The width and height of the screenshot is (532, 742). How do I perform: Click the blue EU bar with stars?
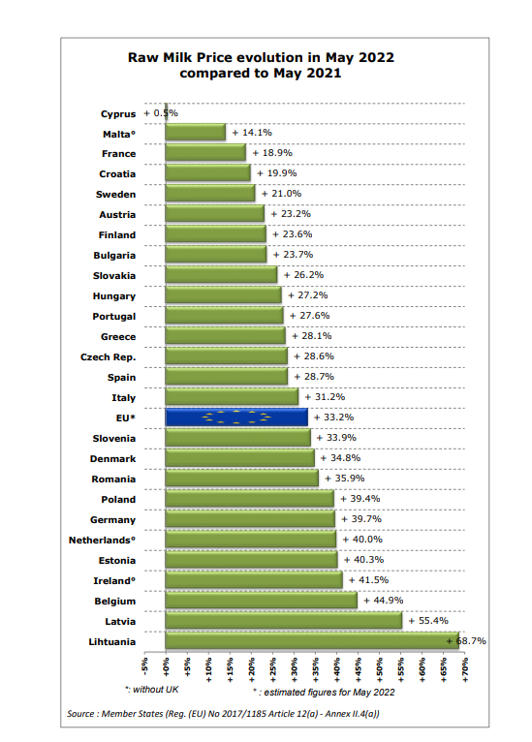[236, 417]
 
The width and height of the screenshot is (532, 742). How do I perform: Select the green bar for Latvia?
[284, 620]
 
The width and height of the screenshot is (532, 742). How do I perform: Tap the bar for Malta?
[196, 132]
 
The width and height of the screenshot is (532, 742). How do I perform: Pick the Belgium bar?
[262, 600]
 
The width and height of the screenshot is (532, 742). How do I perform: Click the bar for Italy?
[232, 396]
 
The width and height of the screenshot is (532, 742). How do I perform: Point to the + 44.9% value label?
[384, 600]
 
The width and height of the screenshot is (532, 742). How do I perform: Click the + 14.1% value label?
[252, 133]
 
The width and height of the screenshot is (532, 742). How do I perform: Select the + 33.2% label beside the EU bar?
[333, 417]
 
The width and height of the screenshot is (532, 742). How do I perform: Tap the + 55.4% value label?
[428, 620]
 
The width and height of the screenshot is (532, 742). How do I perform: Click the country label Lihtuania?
[112, 641]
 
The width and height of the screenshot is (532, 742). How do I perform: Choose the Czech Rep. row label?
[109, 357]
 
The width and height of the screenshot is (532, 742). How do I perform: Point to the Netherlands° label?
[103, 540]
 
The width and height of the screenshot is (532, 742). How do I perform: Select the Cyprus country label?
[118, 114]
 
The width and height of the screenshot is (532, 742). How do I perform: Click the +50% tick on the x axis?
[380, 669]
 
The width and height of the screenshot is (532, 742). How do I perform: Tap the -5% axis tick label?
[144, 665]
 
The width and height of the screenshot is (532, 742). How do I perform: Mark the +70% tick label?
[465, 669]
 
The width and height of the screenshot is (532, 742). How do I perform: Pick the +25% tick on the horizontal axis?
[272, 669]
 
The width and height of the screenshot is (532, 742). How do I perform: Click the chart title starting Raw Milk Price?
[261, 65]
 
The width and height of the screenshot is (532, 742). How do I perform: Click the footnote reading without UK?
[152, 690]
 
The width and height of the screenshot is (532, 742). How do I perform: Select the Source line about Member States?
[223, 714]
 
